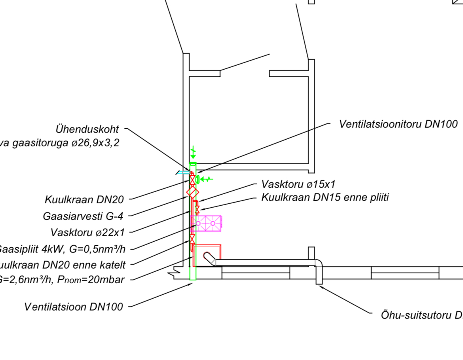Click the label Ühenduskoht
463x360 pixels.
[x=87, y=129]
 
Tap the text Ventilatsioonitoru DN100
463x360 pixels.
[x=398, y=124]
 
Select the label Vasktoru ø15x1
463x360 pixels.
[x=298, y=184]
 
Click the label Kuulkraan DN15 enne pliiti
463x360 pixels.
[x=325, y=197]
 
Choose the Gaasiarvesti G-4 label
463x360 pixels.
[x=83, y=216]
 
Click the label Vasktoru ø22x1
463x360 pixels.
[x=87, y=233]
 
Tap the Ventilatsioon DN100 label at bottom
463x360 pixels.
[x=74, y=307]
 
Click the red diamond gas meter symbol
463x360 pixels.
[x=193, y=193]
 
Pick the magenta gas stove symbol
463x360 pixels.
[x=206, y=224]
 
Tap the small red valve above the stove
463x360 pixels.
[x=197, y=209]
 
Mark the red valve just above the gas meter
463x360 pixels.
[x=193, y=180]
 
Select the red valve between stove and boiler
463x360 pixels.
[x=192, y=239]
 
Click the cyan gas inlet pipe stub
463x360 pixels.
[x=183, y=172]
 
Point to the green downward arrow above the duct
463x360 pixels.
[x=193, y=153]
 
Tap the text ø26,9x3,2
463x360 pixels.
[x=95, y=143]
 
